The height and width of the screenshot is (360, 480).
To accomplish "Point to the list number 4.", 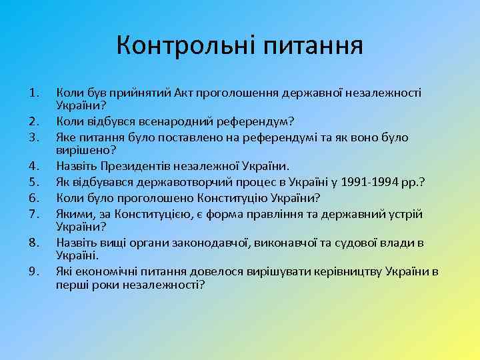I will pyautogui.click(x=34, y=165).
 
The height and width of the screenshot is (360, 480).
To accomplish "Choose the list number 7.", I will pyautogui.click(x=34, y=213).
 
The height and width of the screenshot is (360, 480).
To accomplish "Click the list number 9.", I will pyautogui.click(x=34, y=272).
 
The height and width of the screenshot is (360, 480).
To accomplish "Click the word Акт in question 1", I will pyautogui.click(x=185, y=94).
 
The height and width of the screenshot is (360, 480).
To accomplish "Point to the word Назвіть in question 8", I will pyautogui.click(x=76, y=243).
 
